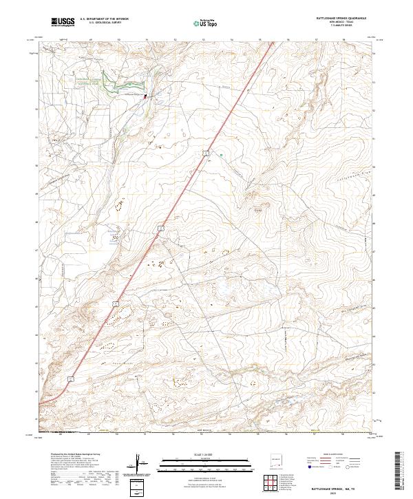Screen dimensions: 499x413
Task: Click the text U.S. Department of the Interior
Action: point(104,19)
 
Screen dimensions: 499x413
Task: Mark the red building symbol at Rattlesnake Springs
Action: point(145,97)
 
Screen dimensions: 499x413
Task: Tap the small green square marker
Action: point(221,156)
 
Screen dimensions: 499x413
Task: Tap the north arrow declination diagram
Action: point(140,465)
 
